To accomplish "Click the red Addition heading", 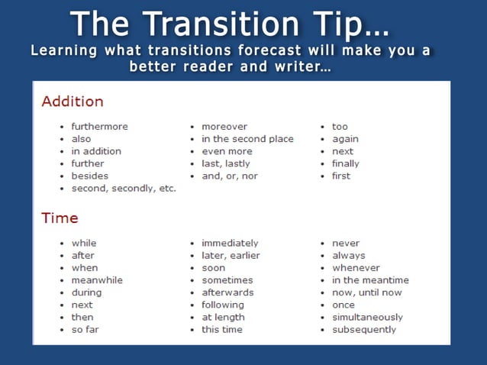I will (x=73, y=102).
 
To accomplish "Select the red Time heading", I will (x=60, y=218).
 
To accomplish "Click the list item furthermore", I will (x=99, y=127).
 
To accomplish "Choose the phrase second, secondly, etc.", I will (x=123, y=188).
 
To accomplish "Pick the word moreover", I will (x=224, y=127).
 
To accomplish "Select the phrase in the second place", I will (x=247, y=139).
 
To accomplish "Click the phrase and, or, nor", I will (x=229, y=176).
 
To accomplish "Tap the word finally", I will (x=345, y=163).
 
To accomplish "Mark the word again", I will (x=345, y=139).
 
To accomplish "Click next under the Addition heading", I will (x=343, y=151).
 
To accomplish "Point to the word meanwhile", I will (x=97, y=280).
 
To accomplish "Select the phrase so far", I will (x=85, y=329).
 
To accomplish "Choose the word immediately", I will (x=230, y=244).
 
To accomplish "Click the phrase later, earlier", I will (x=231, y=256).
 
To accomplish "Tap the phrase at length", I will (x=223, y=317).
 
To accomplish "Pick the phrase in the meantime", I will (x=370, y=280).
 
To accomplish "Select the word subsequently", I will (x=364, y=329).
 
